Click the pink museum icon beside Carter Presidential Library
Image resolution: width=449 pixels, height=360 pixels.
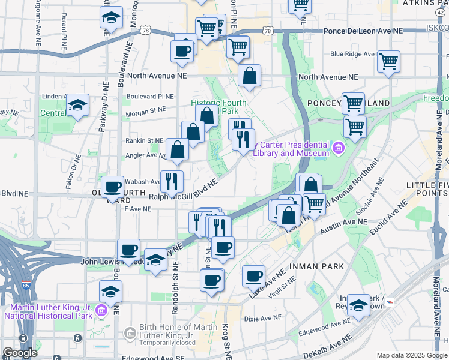(337, 148)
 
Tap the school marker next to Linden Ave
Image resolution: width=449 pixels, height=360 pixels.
(77, 106)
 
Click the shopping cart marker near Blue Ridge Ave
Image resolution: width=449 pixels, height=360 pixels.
(388, 61)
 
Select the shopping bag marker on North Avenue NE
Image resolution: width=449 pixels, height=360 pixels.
(249, 76)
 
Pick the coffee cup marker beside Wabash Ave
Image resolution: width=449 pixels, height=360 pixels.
(112, 187)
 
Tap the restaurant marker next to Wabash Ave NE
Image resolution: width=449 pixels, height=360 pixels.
(172, 180)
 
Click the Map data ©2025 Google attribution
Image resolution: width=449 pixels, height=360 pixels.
(412, 355)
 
